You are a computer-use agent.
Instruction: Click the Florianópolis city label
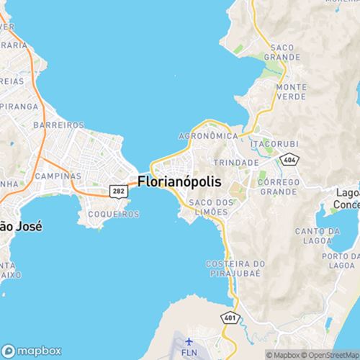click(x=180, y=181)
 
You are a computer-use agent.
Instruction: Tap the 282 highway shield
click(x=118, y=190)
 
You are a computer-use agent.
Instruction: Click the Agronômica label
click(x=210, y=134)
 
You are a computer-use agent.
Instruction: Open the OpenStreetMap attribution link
click(x=332, y=354)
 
